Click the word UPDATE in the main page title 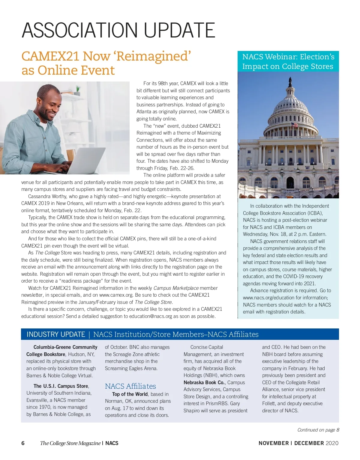179,30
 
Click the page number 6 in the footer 23,443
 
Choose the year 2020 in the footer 332,443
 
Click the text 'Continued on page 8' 318,430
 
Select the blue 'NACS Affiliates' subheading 130,386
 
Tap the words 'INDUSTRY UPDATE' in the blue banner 56,334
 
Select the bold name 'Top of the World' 130,394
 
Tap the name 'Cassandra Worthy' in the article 48,197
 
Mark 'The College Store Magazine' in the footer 70,443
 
